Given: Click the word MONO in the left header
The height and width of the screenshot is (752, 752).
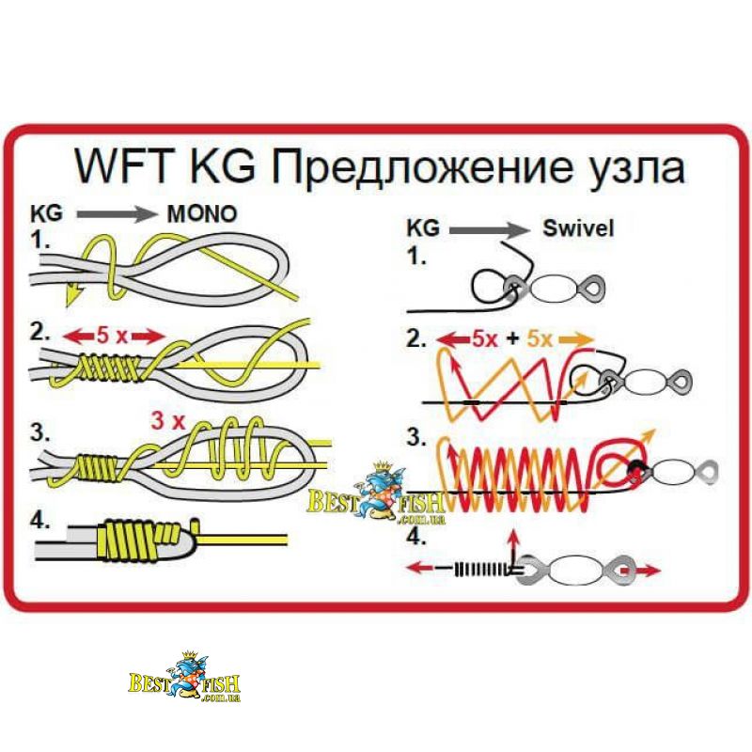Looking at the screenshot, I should [201, 213].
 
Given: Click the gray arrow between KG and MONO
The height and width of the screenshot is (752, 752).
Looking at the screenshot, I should [117, 214].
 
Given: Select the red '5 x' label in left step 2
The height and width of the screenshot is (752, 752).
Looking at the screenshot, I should [112, 334].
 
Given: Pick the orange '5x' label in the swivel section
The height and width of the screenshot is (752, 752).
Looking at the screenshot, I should [541, 337].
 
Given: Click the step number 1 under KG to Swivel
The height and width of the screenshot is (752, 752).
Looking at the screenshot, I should [415, 255].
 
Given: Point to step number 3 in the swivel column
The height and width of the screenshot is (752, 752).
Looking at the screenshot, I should [415, 437].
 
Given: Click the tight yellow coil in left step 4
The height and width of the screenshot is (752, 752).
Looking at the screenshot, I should [136, 540].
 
